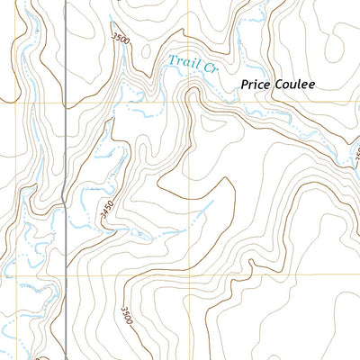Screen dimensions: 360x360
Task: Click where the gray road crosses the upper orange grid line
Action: [61, 102]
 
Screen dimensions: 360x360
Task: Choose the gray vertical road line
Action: [61, 180]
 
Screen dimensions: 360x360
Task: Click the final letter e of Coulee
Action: [314, 84]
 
